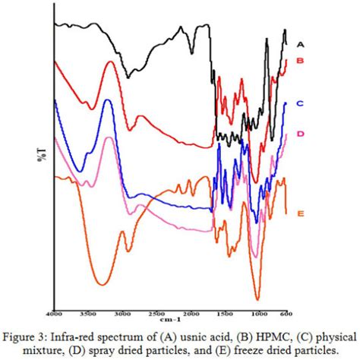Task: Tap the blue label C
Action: coord(300,103)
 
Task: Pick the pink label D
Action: coord(300,134)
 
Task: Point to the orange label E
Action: coord(300,214)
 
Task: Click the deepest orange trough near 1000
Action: coord(257,299)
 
